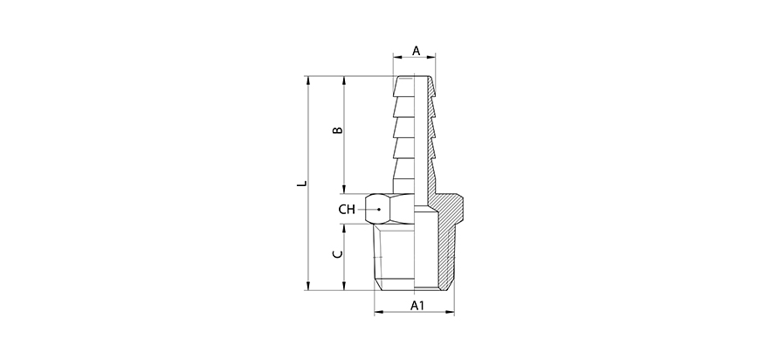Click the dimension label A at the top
[x=416, y=51]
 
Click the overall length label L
[x=301, y=184]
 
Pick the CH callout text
[x=347, y=210]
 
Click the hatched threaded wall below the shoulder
[x=446, y=253]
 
